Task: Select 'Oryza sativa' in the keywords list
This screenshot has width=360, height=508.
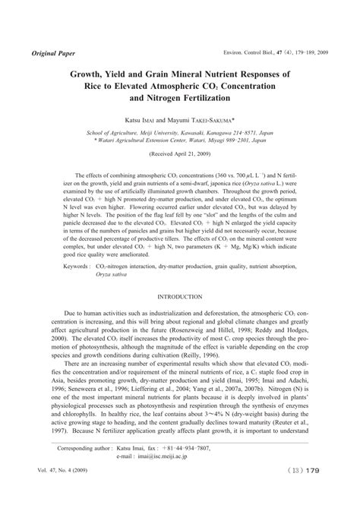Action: (112, 318)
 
